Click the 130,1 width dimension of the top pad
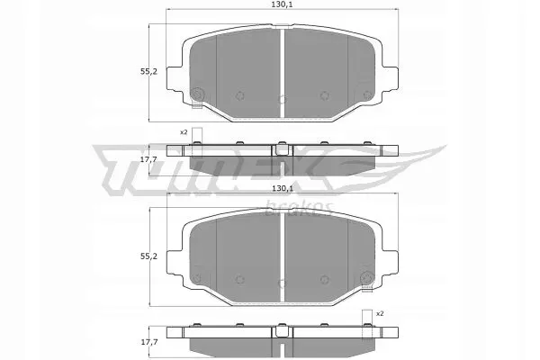point(282,4)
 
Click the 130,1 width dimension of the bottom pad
point(282,188)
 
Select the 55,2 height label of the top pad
point(148,72)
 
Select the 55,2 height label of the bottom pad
point(148,256)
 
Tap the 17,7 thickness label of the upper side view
point(148,159)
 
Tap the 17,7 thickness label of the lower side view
point(148,342)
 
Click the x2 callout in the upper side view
point(184,132)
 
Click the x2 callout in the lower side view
point(380,313)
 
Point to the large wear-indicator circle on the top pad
point(197,94)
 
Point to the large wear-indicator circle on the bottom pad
point(367,278)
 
